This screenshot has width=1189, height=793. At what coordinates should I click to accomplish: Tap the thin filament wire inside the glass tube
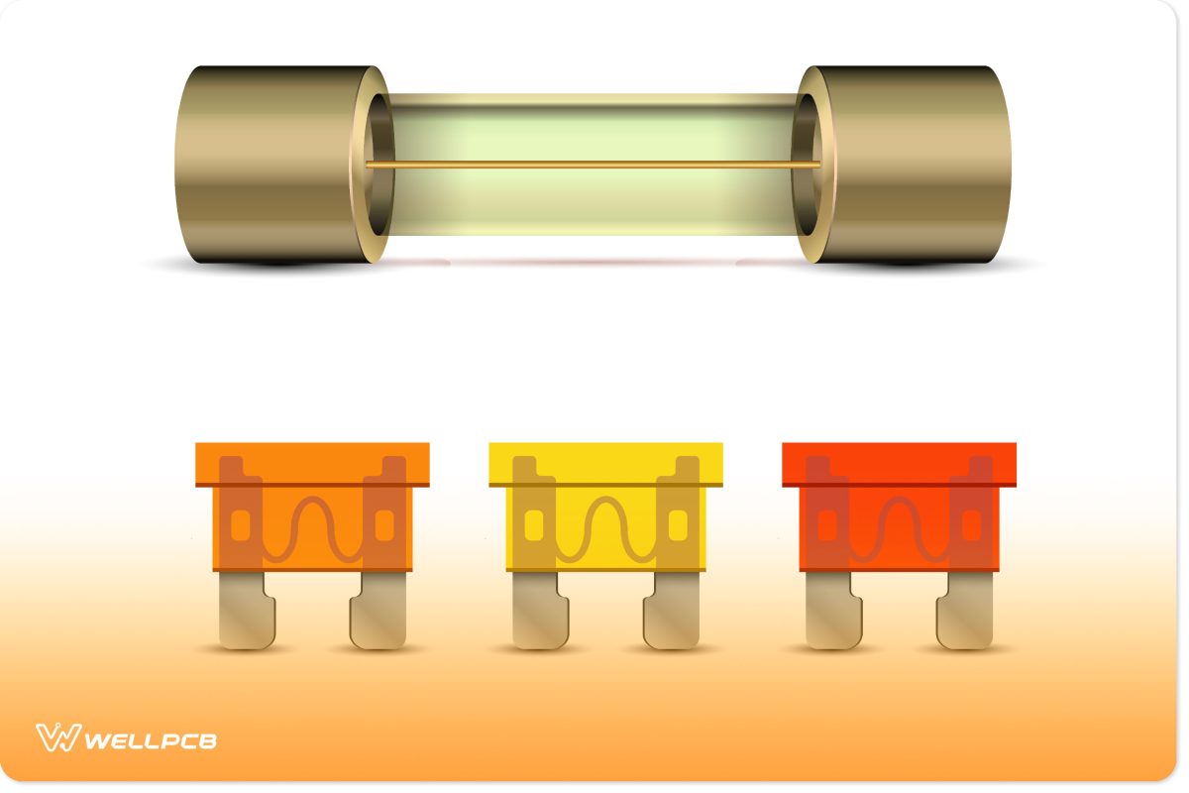(x=594, y=164)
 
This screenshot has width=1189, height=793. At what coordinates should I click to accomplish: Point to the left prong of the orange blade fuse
(x=244, y=615)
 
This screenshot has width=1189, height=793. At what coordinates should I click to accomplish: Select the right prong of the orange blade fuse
(x=378, y=615)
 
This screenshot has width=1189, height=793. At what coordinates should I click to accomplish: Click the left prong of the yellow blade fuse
(x=538, y=615)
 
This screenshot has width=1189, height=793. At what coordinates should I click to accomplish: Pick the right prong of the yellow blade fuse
(x=673, y=615)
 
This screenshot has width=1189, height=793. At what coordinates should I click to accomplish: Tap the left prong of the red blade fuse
(x=831, y=615)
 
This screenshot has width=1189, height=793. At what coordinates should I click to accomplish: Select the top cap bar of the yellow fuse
(x=606, y=462)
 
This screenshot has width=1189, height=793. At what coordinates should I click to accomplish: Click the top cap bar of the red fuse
(x=900, y=462)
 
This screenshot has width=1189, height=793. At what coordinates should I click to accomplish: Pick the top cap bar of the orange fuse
(x=313, y=462)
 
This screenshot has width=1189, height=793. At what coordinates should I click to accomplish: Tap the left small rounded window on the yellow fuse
(x=534, y=525)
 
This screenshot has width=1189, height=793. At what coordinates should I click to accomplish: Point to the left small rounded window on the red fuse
(x=827, y=525)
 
